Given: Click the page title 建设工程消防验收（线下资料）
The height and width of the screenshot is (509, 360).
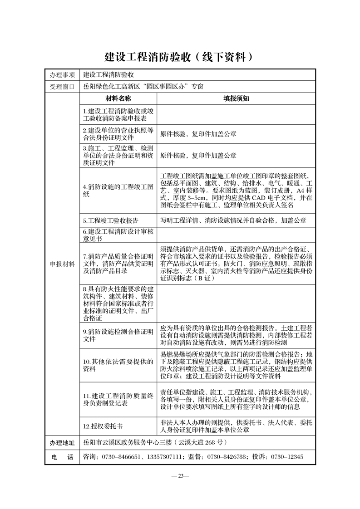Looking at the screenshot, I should (x=179, y=57).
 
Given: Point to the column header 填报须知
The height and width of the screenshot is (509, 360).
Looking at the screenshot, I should (x=236, y=98).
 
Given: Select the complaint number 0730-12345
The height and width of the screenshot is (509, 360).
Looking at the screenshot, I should (x=286, y=457).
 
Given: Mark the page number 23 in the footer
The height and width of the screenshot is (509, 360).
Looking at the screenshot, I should (x=180, y=476).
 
